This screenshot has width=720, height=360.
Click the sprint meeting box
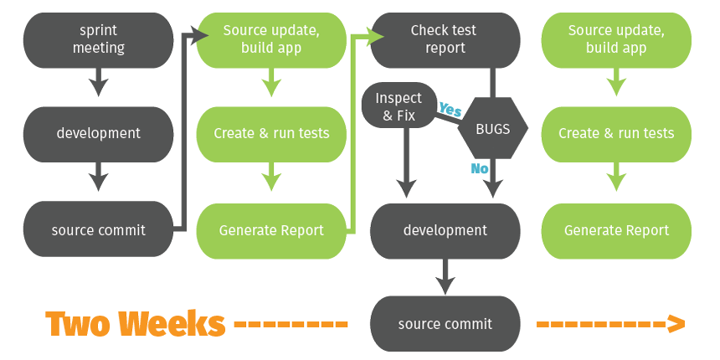point(99,39)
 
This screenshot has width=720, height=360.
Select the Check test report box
point(444,39)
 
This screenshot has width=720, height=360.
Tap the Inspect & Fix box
point(399,105)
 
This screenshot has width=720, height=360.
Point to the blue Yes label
point(450,110)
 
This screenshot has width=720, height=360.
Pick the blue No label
point(480,170)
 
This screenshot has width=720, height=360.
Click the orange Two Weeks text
point(135,323)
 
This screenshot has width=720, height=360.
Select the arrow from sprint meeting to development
point(99,82)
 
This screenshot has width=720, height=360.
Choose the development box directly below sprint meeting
point(99,133)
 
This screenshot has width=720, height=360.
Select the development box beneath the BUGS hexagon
point(445,230)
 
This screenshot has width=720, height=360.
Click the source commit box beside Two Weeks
point(445,324)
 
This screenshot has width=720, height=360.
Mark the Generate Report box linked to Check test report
point(271,230)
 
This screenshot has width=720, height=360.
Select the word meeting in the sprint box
point(99,48)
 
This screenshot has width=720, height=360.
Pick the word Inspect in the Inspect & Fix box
point(399,98)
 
